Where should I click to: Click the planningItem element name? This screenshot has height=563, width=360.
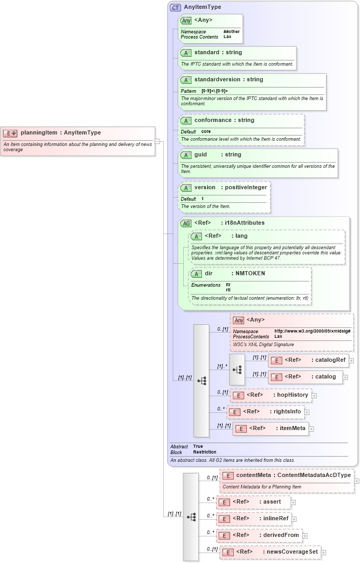tap(39, 133)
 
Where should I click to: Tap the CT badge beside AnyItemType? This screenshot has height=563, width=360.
tap(175, 7)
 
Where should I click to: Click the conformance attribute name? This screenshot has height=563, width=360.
tap(213, 120)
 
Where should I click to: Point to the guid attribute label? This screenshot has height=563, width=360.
tap(200, 155)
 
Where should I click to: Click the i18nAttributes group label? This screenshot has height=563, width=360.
tap(243, 223)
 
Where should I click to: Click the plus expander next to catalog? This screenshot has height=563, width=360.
tap(345, 377)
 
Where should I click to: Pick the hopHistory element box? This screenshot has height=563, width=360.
tap(271, 395)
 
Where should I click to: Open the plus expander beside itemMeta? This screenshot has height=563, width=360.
tap(311, 429)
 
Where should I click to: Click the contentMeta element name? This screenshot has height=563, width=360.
tap(254, 475)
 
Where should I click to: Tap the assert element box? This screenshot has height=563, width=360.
tap(253, 502)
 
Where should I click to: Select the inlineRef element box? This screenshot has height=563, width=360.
tap(254, 519)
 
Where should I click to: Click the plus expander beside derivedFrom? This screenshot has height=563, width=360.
tap(305, 535)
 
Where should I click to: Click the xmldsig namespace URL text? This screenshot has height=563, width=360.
tap(312, 331)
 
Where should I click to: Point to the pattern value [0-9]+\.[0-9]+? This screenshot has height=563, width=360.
tap(215, 91)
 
